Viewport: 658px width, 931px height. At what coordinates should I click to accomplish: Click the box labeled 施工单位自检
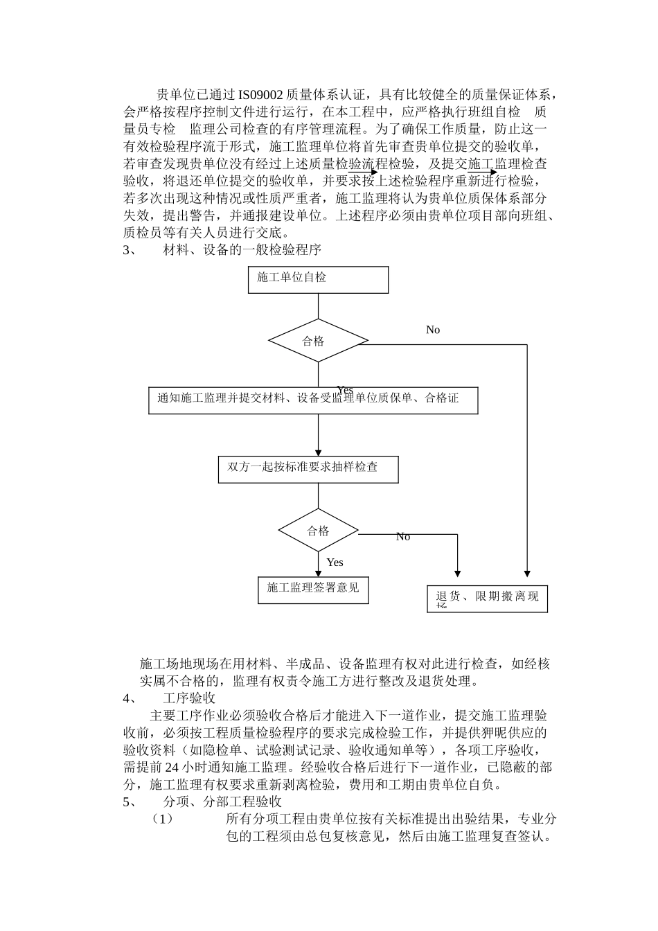click(318, 279)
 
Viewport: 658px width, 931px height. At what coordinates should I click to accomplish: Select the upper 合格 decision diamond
click(318, 340)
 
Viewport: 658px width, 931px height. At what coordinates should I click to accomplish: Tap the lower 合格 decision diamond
click(318, 531)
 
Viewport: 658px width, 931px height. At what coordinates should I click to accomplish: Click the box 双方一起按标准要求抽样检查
click(308, 469)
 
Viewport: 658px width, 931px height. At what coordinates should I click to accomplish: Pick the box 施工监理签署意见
click(313, 589)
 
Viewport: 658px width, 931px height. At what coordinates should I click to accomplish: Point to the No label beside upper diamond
click(433, 330)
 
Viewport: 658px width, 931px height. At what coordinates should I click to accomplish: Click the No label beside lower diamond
click(403, 537)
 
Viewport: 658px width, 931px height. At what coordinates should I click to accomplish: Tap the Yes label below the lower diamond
click(335, 562)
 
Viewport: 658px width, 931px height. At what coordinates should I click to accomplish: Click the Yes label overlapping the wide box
click(344, 390)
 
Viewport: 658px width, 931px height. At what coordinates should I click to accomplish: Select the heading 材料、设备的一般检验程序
click(242, 249)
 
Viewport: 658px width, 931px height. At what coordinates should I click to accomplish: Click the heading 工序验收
click(188, 698)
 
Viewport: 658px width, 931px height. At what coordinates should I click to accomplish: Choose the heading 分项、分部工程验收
click(222, 802)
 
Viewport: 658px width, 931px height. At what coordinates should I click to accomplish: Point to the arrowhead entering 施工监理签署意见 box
click(318, 573)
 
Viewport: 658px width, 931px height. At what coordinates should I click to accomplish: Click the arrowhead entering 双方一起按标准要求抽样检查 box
click(318, 452)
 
